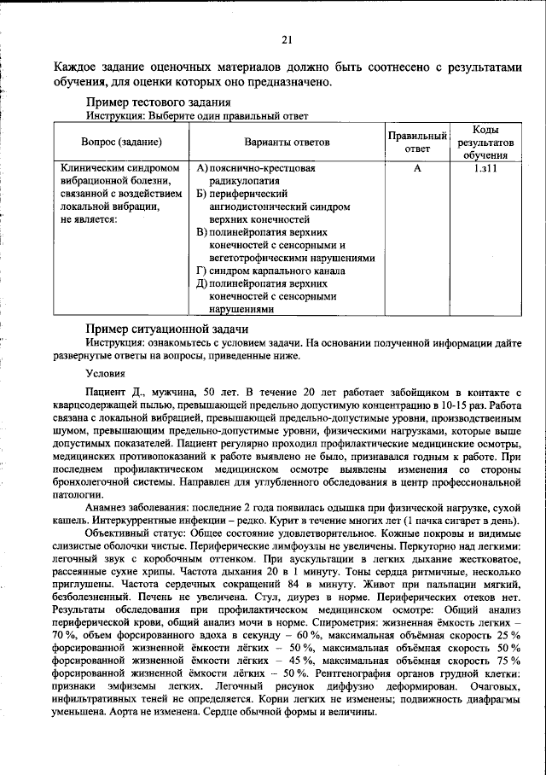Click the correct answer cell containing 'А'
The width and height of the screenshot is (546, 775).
point(418,169)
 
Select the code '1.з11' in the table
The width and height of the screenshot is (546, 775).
point(485,169)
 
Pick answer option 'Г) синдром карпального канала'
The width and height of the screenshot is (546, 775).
point(270,271)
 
